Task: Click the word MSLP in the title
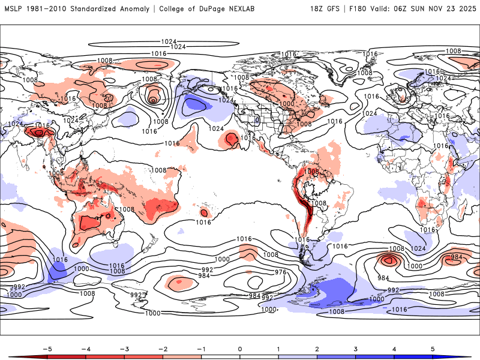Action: (14, 9)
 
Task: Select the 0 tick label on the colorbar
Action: (240, 348)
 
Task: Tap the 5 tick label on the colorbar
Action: (433, 348)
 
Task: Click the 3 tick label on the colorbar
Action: (356, 348)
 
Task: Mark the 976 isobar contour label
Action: (281, 272)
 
